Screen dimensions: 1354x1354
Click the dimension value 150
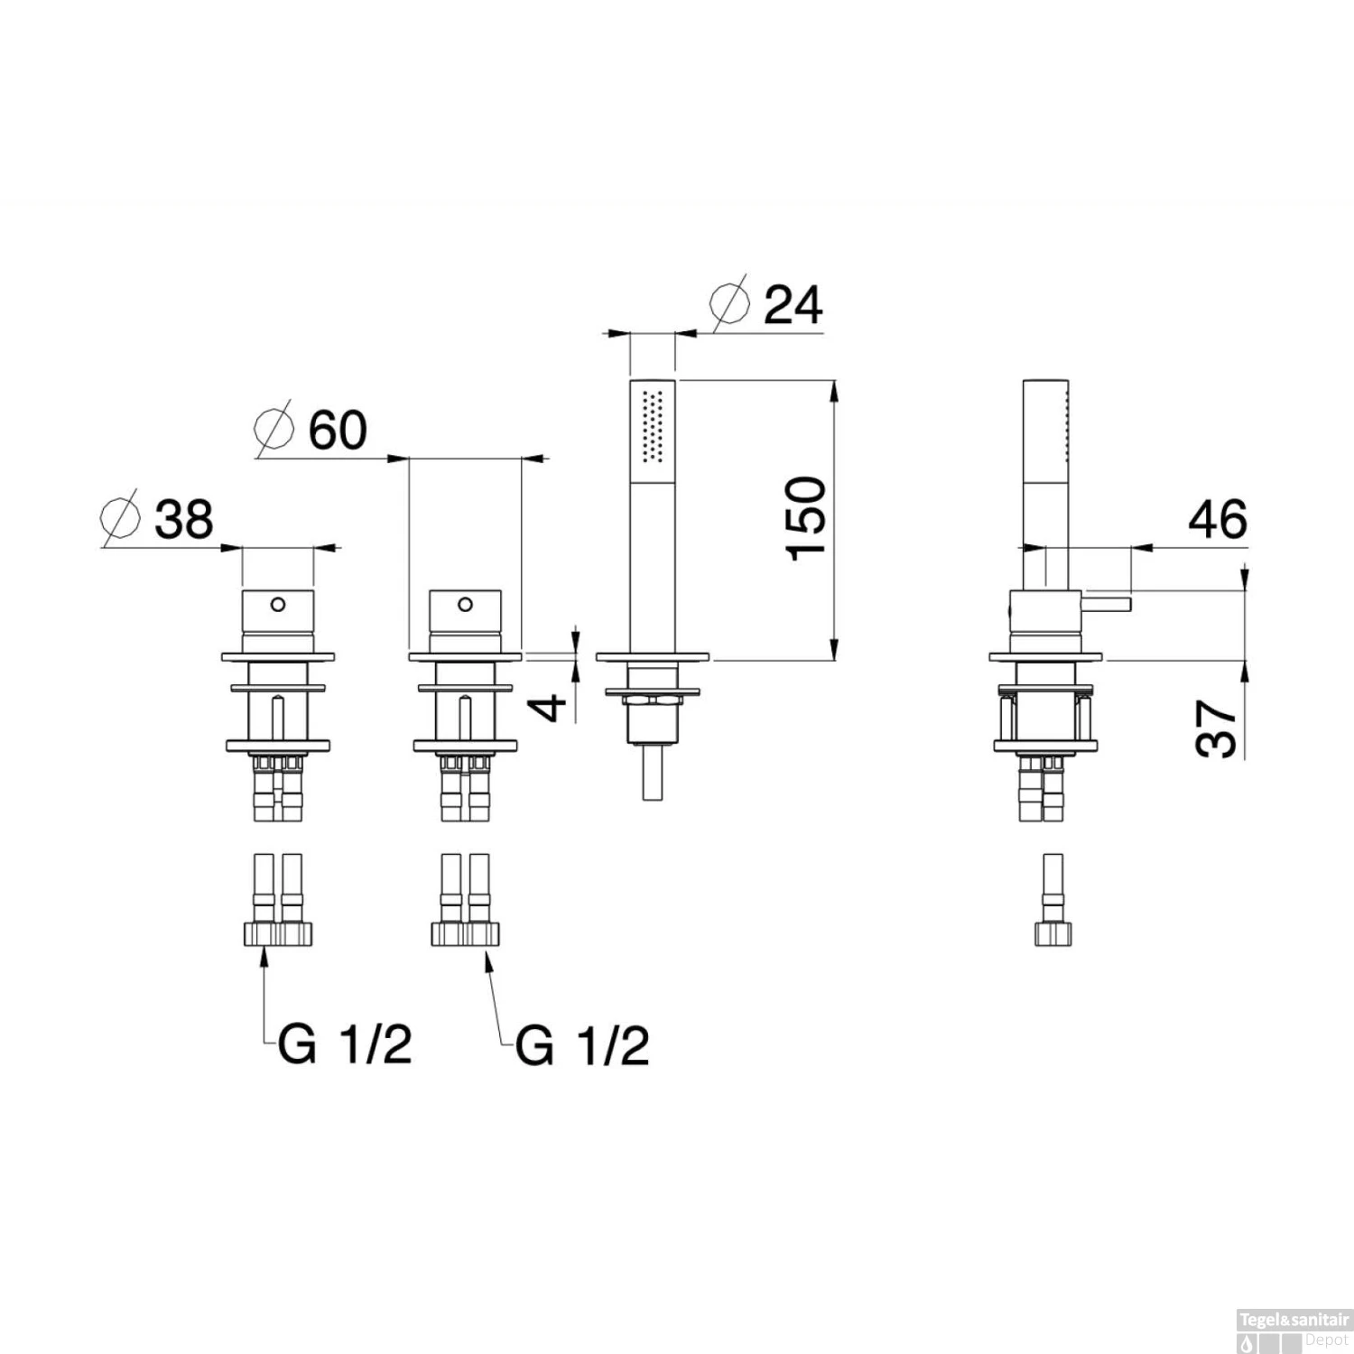[806, 519]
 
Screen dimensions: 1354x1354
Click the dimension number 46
[1218, 519]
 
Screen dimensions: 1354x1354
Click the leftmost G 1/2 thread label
[345, 1045]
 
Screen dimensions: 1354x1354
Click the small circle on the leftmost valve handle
[278, 603]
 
